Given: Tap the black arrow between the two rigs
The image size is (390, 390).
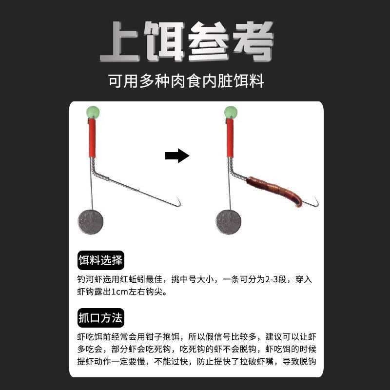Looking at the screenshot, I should [176, 156].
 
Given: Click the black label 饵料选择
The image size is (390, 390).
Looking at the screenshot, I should [100, 260].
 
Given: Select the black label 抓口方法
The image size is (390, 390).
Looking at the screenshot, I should [100, 318].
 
